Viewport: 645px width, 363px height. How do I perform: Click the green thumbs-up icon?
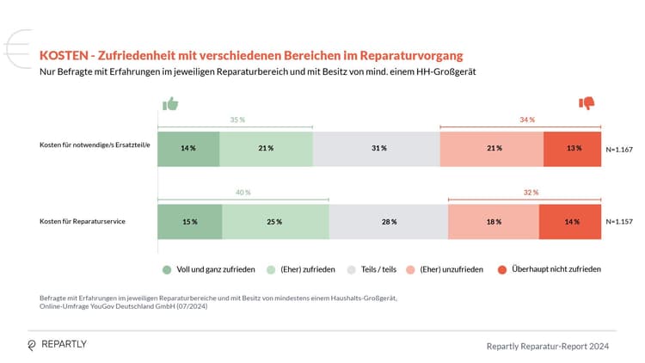click(x=170, y=104)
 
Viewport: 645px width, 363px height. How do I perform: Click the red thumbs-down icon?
click(x=587, y=103)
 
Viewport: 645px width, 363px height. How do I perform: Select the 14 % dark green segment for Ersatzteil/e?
click(x=188, y=148)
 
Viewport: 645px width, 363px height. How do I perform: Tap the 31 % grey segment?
click(x=376, y=148)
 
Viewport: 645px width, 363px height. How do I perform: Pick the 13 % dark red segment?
click(x=573, y=148)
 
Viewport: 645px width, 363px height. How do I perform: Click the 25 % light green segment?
click(x=275, y=222)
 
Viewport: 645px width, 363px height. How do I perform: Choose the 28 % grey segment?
click(x=389, y=222)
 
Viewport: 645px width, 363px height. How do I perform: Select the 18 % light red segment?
click(x=493, y=222)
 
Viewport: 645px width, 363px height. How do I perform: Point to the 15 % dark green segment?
click(x=190, y=222)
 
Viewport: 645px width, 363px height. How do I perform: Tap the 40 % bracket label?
click(x=243, y=193)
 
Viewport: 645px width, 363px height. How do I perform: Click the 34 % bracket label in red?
click(x=526, y=120)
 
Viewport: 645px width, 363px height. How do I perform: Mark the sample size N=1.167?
click(x=619, y=149)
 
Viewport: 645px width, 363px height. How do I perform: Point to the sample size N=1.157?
click(x=619, y=222)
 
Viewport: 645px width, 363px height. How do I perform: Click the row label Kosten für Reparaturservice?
click(x=83, y=222)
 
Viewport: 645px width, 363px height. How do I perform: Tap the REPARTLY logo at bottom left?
click(x=57, y=344)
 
